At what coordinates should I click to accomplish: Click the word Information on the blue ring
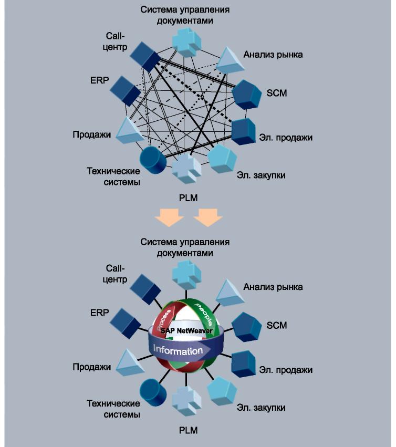click(178, 350)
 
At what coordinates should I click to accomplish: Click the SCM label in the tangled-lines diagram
click(276, 93)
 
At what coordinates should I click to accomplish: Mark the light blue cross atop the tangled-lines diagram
click(186, 39)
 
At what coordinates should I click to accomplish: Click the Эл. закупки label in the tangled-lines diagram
click(260, 175)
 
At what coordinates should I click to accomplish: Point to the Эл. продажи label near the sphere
click(285, 370)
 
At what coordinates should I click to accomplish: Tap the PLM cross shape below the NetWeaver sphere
click(186, 401)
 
